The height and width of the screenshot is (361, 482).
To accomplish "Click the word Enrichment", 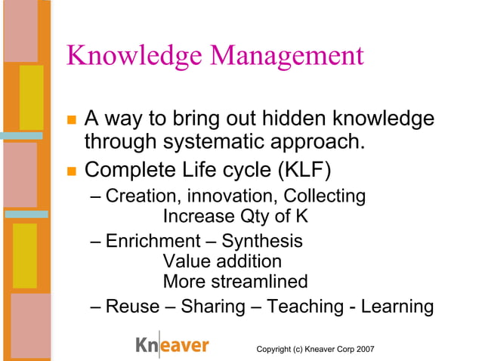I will pos(151,242).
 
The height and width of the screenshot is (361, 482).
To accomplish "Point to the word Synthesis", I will pos(262,242).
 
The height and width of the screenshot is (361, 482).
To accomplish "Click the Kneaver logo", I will pos(171,346).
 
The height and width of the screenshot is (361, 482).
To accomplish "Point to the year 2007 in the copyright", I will pos(364,348).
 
